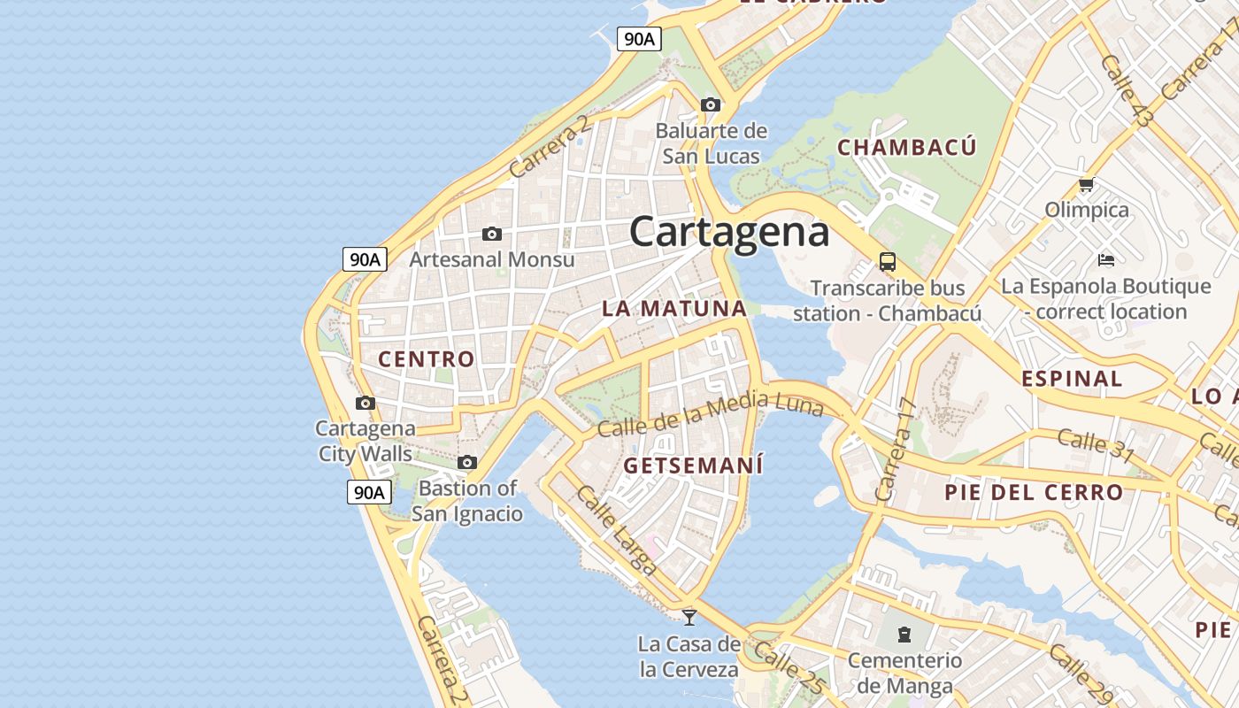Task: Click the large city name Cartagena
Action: [x=729, y=232]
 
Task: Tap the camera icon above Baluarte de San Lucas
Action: [x=710, y=105]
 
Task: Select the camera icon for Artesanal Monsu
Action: [x=492, y=235]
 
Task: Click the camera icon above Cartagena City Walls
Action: [x=365, y=404]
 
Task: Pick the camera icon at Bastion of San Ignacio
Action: [x=467, y=463]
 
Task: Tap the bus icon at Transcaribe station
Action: [x=887, y=262]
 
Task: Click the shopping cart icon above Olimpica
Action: [x=1086, y=185]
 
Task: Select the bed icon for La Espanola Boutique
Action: [x=1105, y=260]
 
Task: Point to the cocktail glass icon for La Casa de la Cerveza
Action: [x=689, y=617]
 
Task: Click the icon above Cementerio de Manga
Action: [x=904, y=635]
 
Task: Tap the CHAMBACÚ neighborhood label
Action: [x=906, y=147]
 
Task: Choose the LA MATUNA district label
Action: [x=674, y=309]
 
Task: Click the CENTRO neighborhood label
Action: [x=427, y=359]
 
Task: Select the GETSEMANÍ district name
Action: [x=693, y=466]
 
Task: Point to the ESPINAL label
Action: [x=1072, y=379]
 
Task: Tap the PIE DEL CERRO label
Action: [x=1034, y=492]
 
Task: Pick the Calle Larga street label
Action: [x=616, y=530]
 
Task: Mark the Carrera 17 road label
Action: [x=895, y=449]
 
